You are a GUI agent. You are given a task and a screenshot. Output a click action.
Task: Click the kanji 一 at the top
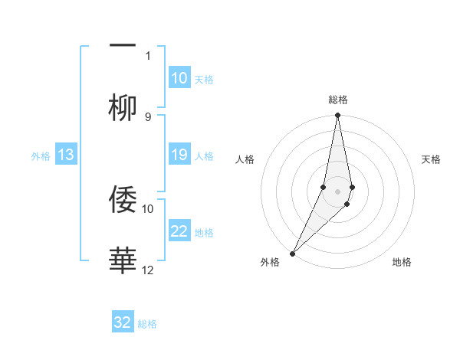[123, 46]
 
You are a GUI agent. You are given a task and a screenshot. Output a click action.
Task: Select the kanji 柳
[123, 108]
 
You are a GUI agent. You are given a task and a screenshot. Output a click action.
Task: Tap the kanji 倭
[123, 199]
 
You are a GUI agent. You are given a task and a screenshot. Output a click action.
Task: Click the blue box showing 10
[179, 78]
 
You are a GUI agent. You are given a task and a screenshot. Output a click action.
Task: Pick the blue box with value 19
[179, 155]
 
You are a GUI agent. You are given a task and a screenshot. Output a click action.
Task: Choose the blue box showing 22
[179, 232]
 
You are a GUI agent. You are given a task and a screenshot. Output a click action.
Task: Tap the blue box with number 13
[66, 155]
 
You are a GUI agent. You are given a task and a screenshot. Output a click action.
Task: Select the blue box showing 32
[123, 322]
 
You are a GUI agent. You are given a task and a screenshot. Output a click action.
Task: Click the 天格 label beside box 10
[204, 79]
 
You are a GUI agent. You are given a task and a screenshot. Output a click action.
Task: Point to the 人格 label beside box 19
[204, 155]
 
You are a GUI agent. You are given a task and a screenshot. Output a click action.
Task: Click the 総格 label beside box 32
[147, 324]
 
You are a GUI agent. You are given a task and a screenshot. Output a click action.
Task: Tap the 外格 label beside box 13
[41, 156]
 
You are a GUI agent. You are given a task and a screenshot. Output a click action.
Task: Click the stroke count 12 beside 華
[148, 269]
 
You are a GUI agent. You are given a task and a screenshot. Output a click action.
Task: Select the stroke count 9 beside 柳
[148, 116]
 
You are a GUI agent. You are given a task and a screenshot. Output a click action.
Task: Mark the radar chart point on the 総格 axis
[337, 116]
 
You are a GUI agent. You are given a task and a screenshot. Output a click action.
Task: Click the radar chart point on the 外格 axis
[292, 253]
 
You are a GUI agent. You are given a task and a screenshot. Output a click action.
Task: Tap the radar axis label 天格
[431, 159]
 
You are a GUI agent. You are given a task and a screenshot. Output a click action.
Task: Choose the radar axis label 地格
[402, 262]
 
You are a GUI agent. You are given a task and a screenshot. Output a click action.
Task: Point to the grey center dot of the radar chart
[337, 191]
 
